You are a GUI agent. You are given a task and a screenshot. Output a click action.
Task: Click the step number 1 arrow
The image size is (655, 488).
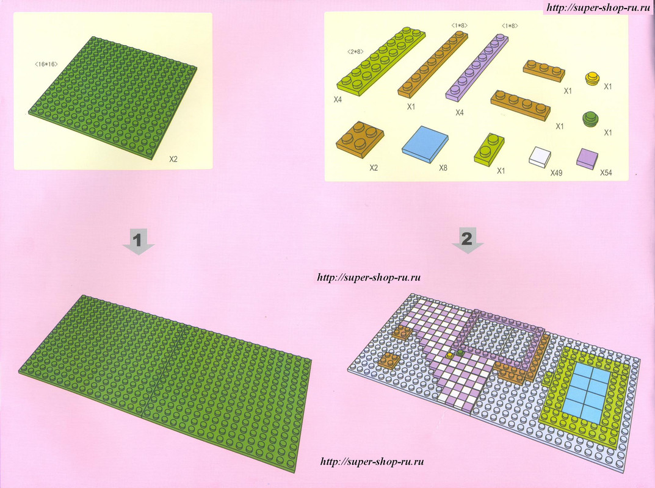(x=139, y=242)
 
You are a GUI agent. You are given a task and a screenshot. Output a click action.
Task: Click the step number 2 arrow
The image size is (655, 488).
(x=468, y=240)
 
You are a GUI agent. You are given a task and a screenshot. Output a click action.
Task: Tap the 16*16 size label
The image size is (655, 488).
(x=46, y=64)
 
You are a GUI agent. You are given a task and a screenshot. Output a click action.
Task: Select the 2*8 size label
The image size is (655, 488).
(x=355, y=52)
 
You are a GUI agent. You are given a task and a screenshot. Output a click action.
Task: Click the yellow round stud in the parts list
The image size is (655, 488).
(x=592, y=79)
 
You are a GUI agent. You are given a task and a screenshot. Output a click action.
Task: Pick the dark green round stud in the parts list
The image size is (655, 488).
(x=591, y=118)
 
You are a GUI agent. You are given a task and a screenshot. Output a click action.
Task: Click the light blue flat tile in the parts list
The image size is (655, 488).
(x=425, y=143)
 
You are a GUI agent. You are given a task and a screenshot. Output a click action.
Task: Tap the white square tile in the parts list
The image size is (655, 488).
(x=540, y=157)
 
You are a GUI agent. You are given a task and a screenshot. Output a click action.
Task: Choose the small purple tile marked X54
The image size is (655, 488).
(x=587, y=159)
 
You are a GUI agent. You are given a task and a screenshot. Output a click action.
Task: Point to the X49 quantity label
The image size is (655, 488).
(x=556, y=173)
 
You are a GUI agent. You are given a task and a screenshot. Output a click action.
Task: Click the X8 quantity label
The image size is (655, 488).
(x=443, y=168)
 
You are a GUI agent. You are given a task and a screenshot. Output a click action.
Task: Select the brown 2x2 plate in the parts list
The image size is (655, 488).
(x=360, y=140)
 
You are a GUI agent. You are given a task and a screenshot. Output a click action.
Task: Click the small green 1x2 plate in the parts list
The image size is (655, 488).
(x=489, y=149)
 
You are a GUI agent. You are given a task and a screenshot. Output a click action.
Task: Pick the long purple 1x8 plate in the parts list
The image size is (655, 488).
(x=477, y=68)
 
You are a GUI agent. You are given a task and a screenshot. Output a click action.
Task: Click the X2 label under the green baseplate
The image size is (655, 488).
(x=173, y=159)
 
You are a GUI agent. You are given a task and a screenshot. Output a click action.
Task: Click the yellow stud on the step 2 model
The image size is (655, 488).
(x=449, y=355)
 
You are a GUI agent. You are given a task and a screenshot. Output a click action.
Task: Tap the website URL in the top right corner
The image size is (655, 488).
(x=599, y=7)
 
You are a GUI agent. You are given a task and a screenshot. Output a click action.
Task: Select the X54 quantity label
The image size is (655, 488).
(x=606, y=173)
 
